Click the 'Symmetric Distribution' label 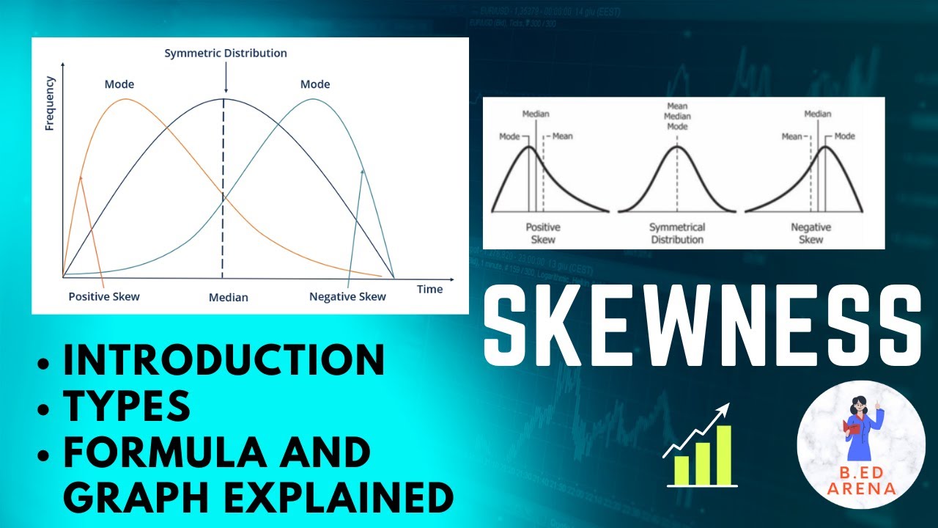click(x=226, y=54)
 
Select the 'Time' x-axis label click(x=429, y=289)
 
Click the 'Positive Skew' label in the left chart click(x=104, y=297)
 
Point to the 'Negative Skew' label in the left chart click(x=347, y=297)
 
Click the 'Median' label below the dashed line click(x=229, y=298)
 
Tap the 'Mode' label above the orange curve click(x=119, y=84)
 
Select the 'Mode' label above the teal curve click(x=315, y=84)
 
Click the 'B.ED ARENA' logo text click(x=861, y=480)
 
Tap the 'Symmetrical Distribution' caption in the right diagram click(x=677, y=234)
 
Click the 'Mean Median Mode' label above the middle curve click(x=677, y=116)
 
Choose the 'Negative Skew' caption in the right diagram click(x=811, y=234)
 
